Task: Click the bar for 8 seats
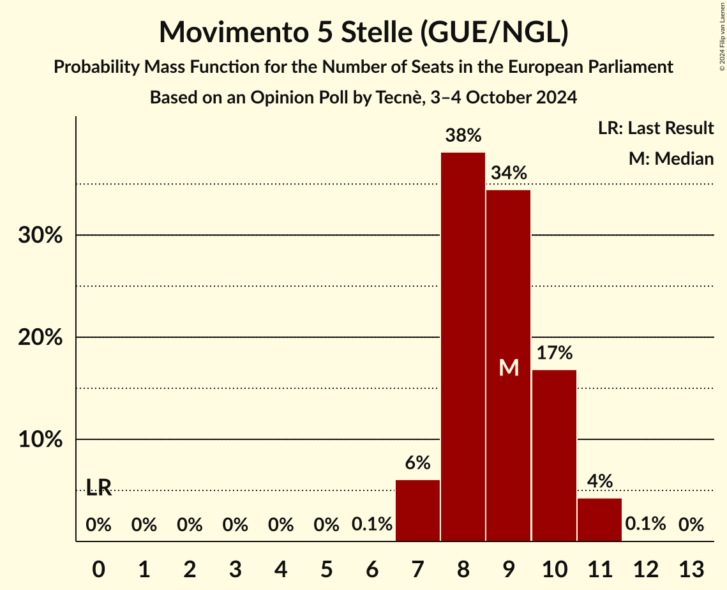[463, 347]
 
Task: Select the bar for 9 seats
[508, 365]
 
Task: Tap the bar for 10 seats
[554, 455]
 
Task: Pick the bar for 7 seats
[417, 510]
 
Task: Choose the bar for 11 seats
[599, 519]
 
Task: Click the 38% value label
[463, 135]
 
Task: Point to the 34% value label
[508, 173]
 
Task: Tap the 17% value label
[554, 352]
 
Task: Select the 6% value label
[417, 463]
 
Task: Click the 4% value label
[599, 481]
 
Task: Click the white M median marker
[509, 367]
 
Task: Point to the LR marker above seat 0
[98, 488]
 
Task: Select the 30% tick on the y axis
[40, 235]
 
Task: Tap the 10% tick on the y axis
[40, 440]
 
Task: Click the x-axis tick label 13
[691, 568]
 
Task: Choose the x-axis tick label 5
[326, 568]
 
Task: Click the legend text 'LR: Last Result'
[656, 128]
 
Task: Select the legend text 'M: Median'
[671, 158]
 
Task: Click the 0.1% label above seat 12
[645, 524]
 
